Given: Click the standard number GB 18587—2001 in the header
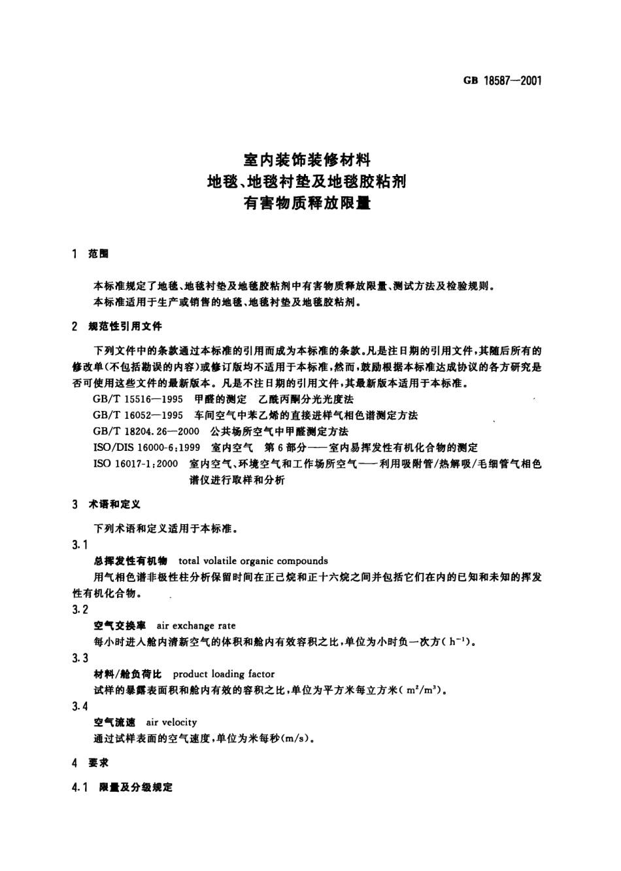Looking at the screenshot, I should [502, 81].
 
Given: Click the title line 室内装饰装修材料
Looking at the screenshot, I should [307, 159].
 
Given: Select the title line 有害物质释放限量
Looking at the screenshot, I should [307, 203].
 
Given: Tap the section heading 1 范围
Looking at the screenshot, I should [91, 254].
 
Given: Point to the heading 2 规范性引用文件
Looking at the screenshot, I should [117, 326].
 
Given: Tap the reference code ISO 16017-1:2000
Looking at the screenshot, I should [136, 464].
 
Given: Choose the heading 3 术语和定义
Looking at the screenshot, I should [106, 505].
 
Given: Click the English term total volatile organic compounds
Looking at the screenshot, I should [253, 561].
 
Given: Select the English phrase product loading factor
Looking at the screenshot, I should [224, 674].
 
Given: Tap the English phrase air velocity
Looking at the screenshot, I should [171, 722].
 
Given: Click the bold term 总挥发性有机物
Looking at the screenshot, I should [131, 561].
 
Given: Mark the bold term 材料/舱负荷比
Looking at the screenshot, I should [127, 674].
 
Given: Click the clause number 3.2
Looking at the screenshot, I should [80, 610].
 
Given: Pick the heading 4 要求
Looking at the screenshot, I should [91, 763].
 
